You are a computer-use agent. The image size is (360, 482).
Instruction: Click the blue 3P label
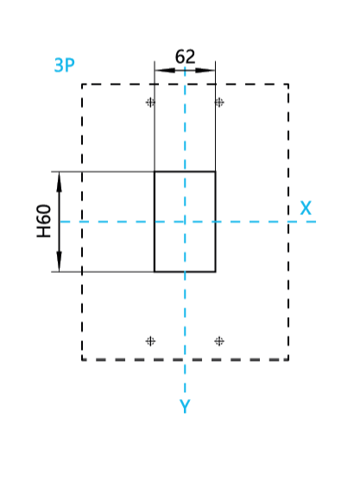click(64, 65)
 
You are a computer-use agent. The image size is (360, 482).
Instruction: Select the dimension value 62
click(185, 56)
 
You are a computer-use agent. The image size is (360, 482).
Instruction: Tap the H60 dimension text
click(44, 221)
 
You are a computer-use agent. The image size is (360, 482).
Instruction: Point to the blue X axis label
click(306, 208)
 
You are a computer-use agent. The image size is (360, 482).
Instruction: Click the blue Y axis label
click(185, 406)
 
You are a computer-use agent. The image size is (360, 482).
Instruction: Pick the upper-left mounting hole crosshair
click(150, 102)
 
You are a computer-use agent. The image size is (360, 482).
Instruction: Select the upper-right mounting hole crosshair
click(219, 102)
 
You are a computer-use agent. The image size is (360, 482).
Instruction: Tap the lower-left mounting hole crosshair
click(150, 341)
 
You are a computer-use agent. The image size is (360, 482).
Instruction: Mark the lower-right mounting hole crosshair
click(219, 341)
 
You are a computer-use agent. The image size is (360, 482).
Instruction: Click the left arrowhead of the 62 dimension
click(165, 70)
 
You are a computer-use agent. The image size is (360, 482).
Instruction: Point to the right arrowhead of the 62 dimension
click(205, 70)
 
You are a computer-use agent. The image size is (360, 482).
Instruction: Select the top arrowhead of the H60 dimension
click(60, 182)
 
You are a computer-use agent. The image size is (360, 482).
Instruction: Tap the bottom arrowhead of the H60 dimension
click(60, 262)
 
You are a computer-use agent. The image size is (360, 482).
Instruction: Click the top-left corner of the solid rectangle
click(155, 172)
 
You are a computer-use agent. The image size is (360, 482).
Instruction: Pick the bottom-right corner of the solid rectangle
click(215, 272)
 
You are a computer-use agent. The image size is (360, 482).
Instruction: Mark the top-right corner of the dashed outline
click(288, 84)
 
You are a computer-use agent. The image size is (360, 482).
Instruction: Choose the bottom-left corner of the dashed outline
click(82, 359)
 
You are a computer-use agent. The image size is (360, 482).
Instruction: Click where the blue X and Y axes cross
click(185, 221)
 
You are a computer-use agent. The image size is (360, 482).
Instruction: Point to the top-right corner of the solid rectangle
click(215, 172)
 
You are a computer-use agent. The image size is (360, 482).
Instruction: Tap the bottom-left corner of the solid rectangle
click(155, 272)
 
